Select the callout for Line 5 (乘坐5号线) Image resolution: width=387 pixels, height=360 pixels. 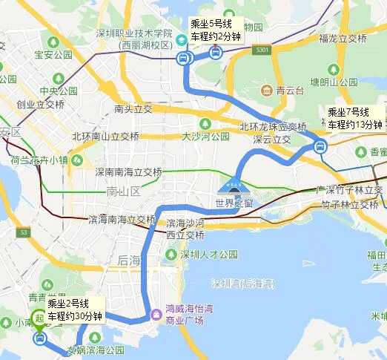point(215,29)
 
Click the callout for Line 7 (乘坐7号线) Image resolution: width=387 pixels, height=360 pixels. point(354,118)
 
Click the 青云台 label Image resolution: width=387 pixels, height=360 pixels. point(285,91)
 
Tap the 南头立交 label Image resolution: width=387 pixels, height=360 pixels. point(133,108)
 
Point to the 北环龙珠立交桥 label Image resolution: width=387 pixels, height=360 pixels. point(273,126)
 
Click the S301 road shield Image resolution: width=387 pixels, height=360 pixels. point(259,50)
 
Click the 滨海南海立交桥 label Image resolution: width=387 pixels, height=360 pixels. point(122,220)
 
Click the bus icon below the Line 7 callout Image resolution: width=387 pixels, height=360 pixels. point(320,146)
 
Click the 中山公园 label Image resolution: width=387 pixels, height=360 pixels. point(59,91)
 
